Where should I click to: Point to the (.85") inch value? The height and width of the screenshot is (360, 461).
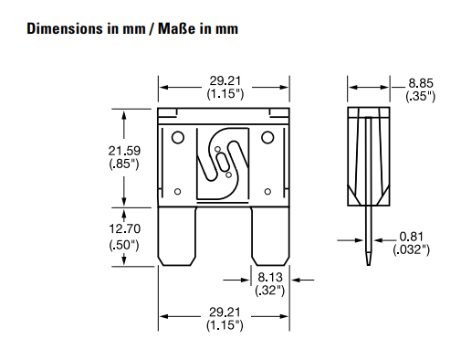tap(122, 164)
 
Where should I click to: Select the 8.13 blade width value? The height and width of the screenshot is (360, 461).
tap(270, 273)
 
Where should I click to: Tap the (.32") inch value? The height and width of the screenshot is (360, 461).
tap(270, 289)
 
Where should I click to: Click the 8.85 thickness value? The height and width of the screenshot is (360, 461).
tap(421, 83)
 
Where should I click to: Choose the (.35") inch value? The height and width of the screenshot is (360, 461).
tap(421, 96)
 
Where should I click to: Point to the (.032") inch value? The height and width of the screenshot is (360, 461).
tap(412, 249)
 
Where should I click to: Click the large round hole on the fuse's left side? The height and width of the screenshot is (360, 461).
tap(178, 138)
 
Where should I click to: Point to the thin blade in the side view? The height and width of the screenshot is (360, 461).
tap(371, 238)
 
